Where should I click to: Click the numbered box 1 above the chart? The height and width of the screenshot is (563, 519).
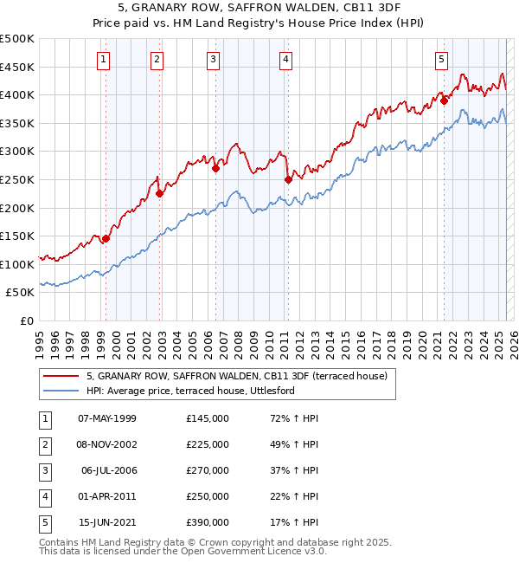pyautogui.click(x=104, y=60)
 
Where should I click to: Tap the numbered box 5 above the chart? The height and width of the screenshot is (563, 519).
pyautogui.click(x=441, y=60)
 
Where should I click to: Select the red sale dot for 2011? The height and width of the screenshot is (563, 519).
pyautogui.click(x=288, y=180)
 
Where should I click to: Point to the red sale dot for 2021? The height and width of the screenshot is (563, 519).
pyautogui.click(x=445, y=100)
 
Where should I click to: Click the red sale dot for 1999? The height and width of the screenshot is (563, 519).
pyautogui.click(x=106, y=239)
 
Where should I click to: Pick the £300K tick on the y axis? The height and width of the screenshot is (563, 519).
pyautogui.click(x=19, y=152)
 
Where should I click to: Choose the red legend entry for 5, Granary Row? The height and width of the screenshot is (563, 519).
pyautogui.click(x=242, y=377)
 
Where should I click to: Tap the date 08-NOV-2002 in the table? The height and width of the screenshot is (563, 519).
pyautogui.click(x=107, y=444)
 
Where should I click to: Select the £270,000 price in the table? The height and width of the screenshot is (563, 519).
pyautogui.click(x=208, y=470)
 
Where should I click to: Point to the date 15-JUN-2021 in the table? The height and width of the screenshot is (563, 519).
pyautogui.click(x=107, y=522)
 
